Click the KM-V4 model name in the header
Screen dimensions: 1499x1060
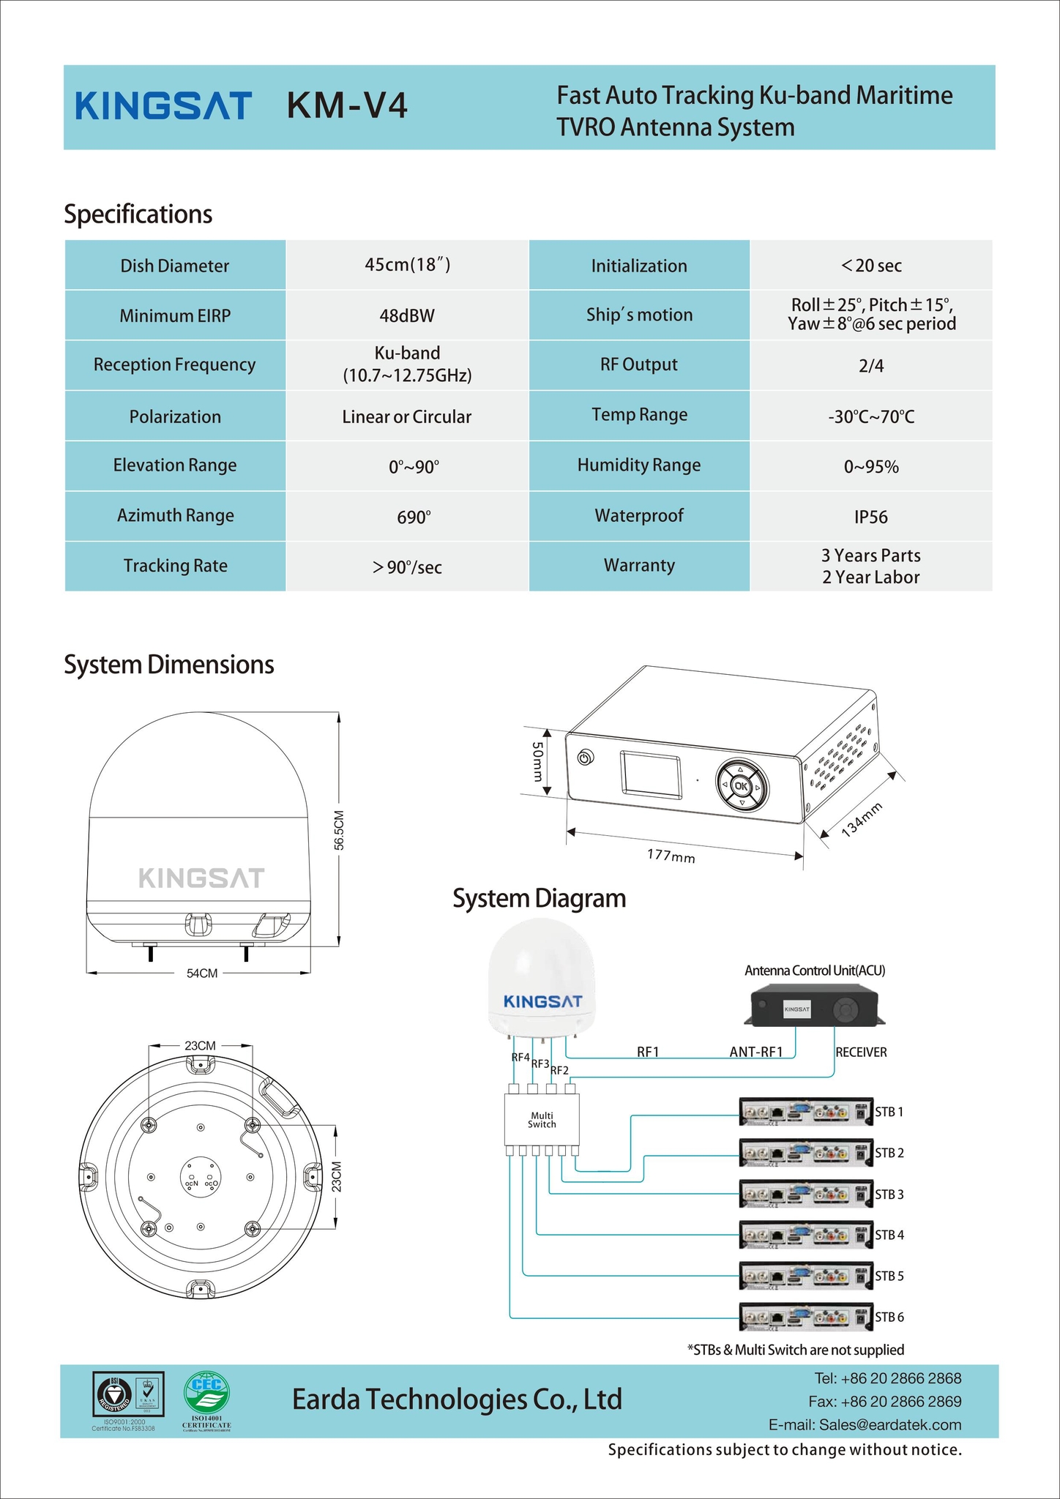(347, 105)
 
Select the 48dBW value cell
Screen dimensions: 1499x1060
(406, 315)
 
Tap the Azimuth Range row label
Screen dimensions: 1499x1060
(175, 515)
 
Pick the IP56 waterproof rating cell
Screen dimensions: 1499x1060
(870, 517)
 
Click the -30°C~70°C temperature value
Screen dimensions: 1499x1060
(870, 416)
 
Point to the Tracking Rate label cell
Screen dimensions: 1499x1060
(175, 566)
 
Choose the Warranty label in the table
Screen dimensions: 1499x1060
(639, 565)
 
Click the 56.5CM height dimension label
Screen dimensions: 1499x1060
(340, 830)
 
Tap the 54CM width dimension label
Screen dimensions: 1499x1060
(202, 973)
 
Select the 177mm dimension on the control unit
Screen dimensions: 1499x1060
(671, 855)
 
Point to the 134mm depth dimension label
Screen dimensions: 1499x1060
(862, 819)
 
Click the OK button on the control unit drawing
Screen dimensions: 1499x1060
(741, 787)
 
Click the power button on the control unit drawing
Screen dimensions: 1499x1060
(584, 758)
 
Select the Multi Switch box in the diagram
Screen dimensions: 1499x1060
(542, 1120)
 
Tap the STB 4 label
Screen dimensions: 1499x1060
(889, 1235)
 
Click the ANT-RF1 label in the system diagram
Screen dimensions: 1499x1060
(756, 1052)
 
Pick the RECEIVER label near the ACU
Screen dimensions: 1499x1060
(861, 1052)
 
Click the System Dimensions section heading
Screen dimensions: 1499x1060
(169, 665)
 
